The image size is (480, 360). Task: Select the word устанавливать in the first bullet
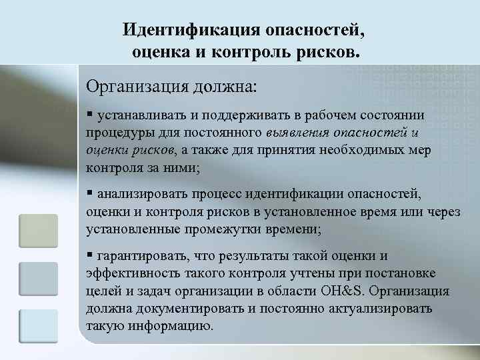point(140,115)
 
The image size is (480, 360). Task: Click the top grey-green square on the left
point(39,231)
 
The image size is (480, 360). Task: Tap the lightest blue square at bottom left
point(39,326)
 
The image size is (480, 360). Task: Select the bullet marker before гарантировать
point(89,255)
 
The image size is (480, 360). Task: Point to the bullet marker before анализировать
point(89,194)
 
